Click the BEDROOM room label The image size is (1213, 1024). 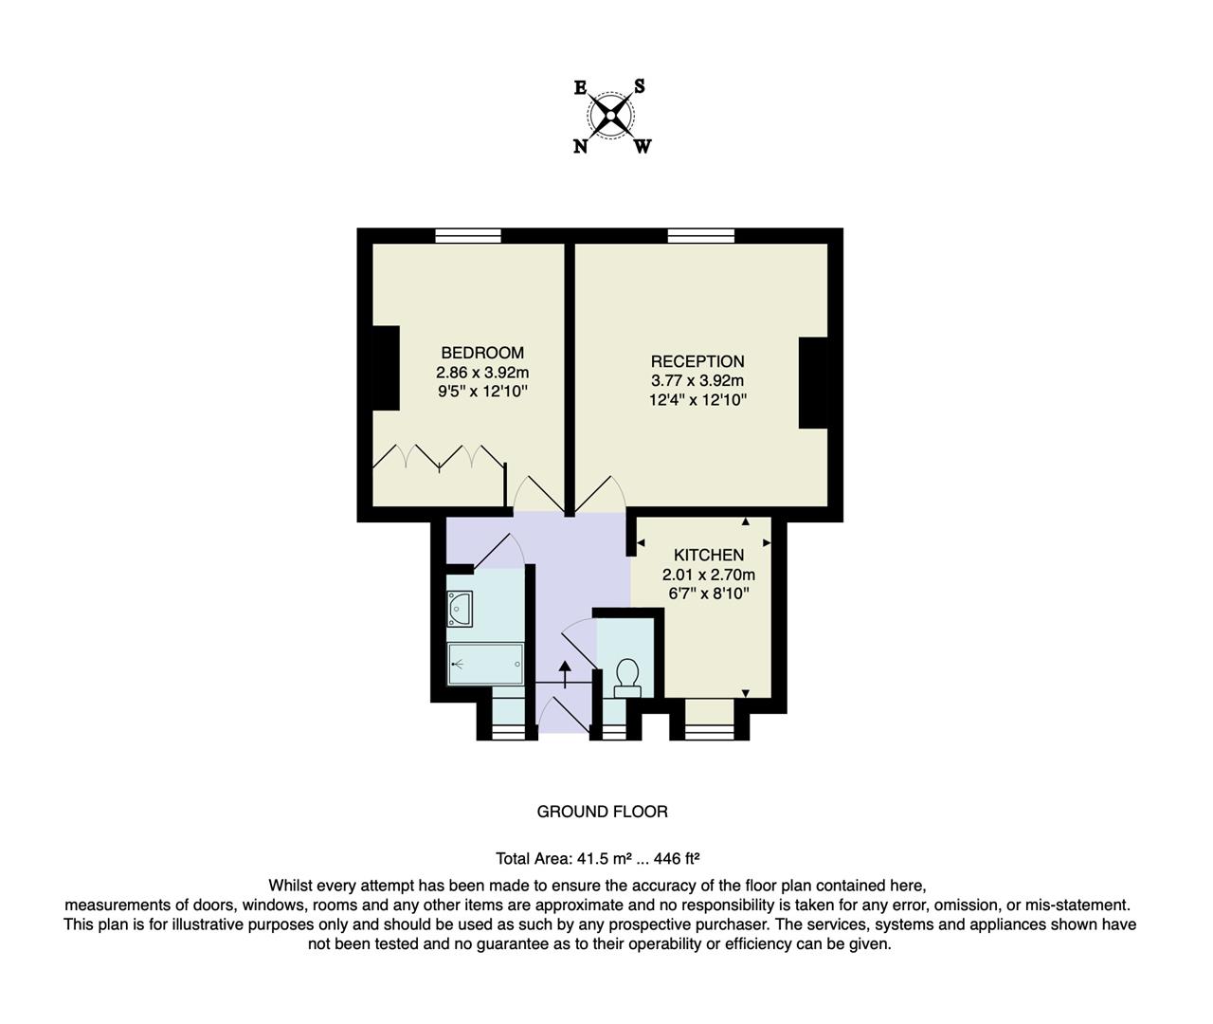(481, 353)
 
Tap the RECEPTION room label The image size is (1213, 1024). (697, 361)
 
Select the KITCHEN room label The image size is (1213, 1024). (708, 555)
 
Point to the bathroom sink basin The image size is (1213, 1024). (461, 608)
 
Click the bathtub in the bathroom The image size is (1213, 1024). (485, 664)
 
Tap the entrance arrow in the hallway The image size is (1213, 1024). (566, 673)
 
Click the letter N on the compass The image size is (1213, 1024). (580, 146)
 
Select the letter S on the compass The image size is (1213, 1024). (640, 86)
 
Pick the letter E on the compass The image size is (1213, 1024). (580, 87)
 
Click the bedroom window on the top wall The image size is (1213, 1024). (468, 236)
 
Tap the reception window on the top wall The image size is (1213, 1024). (700, 236)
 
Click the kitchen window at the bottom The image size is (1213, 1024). (710, 731)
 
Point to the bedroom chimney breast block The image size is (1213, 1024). (385, 368)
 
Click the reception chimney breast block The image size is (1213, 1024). (813, 383)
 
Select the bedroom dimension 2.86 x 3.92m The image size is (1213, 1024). (481, 372)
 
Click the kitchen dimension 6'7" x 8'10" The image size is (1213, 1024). (708, 594)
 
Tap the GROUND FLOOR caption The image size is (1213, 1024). (602, 812)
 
